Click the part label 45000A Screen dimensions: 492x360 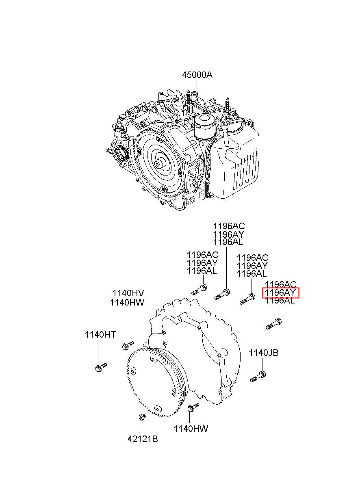coord(197,75)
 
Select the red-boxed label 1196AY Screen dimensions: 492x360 coord(281,293)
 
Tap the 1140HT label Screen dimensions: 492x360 coord(100,335)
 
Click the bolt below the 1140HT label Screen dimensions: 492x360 coord(100,367)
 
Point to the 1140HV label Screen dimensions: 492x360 coord(128,293)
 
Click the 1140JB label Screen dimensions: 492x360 coord(264,353)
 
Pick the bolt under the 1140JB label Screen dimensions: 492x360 coord(258,376)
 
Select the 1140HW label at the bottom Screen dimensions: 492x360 coord(191,429)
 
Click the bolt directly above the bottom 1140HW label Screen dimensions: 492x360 coord(193,407)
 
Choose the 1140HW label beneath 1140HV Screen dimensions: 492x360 coord(127,302)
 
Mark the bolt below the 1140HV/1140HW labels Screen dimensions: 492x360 coord(127,345)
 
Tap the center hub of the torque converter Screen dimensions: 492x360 coord(158,164)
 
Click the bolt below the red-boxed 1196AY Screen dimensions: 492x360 coord(274,324)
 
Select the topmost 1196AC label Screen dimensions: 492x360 coord(229,226)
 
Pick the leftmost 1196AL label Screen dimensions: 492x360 coord(202,271)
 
